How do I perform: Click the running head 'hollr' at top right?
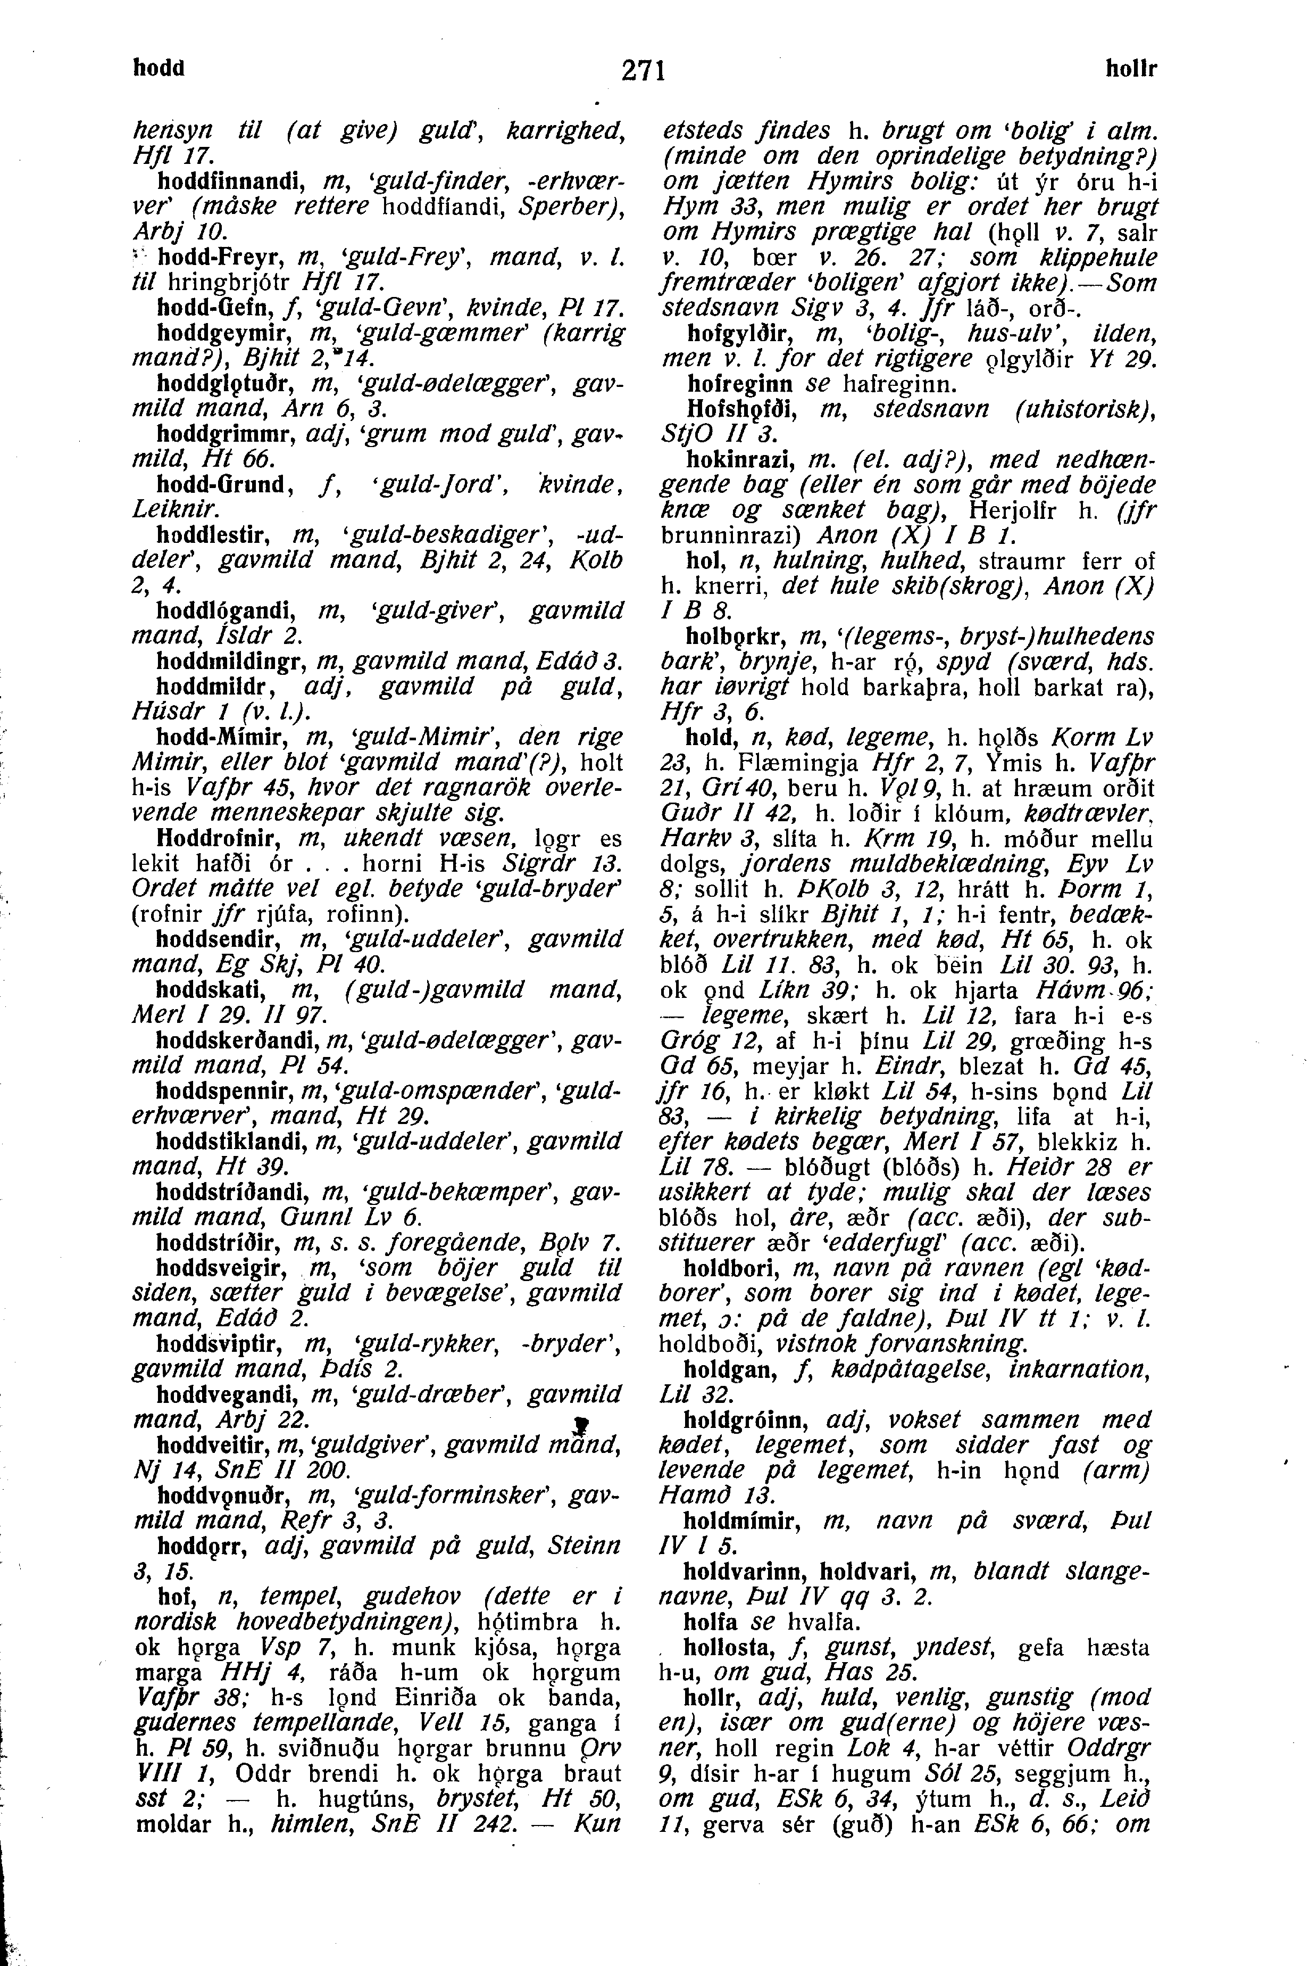1131,69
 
